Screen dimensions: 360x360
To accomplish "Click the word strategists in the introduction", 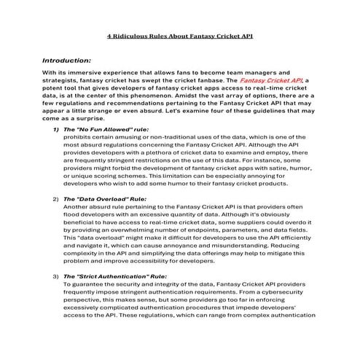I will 61,80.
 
